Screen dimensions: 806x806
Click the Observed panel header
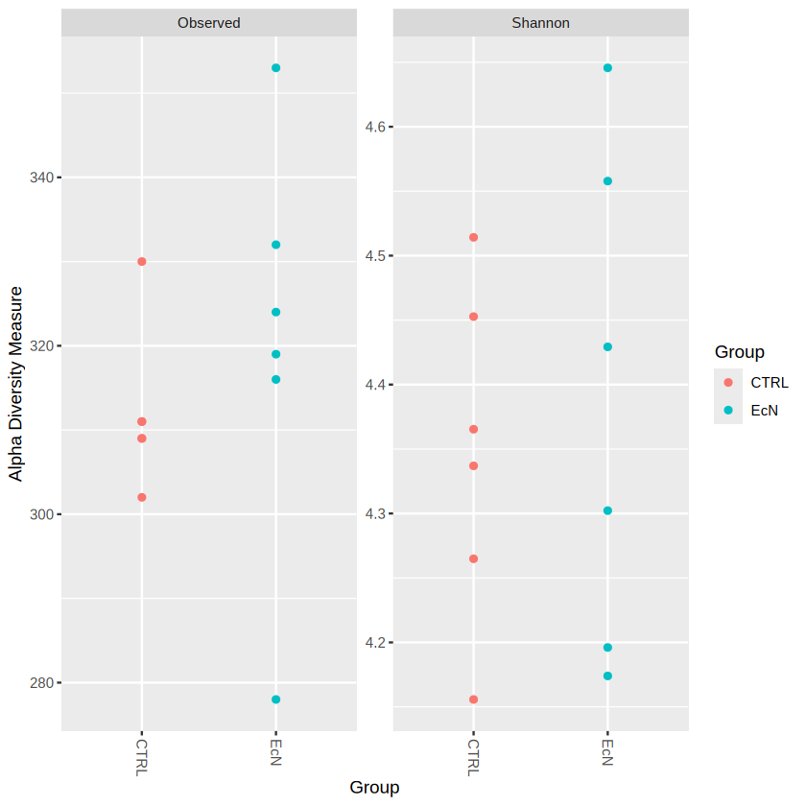[x=208, y=22]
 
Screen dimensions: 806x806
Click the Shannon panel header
[x=540, y=22]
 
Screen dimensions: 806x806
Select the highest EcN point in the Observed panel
[x=275, y=68]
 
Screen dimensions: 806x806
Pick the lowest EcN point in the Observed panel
[x=275, y=699]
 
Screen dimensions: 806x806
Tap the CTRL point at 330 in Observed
[x=142, y=262]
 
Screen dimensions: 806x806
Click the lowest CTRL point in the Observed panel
[x=142, y=497]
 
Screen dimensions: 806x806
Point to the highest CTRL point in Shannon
[x=473, y=237]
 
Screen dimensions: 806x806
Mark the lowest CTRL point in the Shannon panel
[x=473, y=699]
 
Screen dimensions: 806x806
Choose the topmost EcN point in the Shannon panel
[x=607, y=68]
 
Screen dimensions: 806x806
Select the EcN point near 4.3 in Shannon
[x=607, y=510]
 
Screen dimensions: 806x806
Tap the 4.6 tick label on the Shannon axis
[x=375, y=127]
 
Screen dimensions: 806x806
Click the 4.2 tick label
[x=375, y=642]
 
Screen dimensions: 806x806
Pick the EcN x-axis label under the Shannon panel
[x=607, y=750]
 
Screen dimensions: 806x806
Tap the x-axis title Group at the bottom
[x=374, y=788]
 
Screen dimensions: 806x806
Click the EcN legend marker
[x=728, y=410]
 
